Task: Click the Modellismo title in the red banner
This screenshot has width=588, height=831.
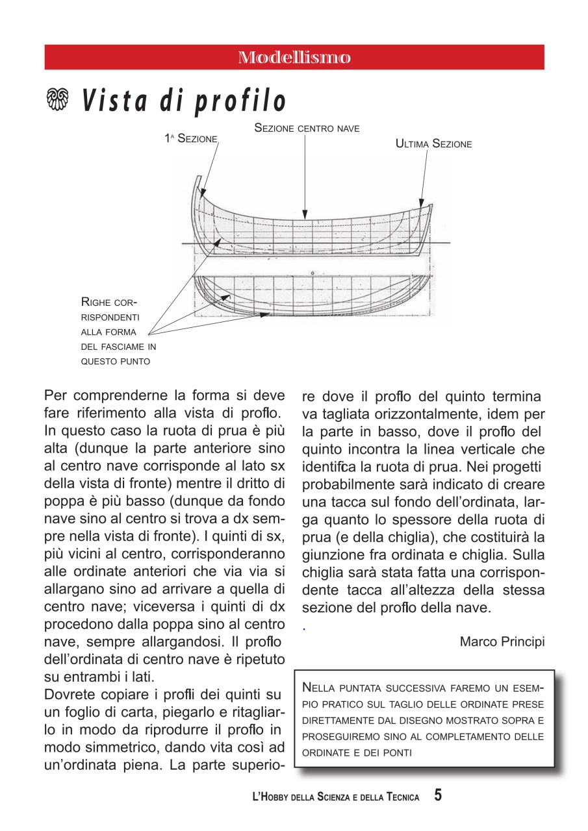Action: (x=294, y=57)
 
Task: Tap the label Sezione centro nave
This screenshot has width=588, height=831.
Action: (x=307, y=129)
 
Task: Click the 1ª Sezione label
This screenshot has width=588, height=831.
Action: (x=190, y=139)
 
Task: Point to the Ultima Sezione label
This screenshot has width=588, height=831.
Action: (x=433, y=144)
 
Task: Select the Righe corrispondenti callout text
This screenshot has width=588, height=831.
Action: (x=118, y=331)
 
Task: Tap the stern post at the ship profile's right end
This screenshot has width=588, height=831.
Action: (x=428, y=227)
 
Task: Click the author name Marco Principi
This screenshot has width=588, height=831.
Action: (x=502, y=641)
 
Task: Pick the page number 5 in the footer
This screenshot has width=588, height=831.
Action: (x=438, y=795)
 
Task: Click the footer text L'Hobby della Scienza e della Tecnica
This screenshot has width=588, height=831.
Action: (x=335, y=797)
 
